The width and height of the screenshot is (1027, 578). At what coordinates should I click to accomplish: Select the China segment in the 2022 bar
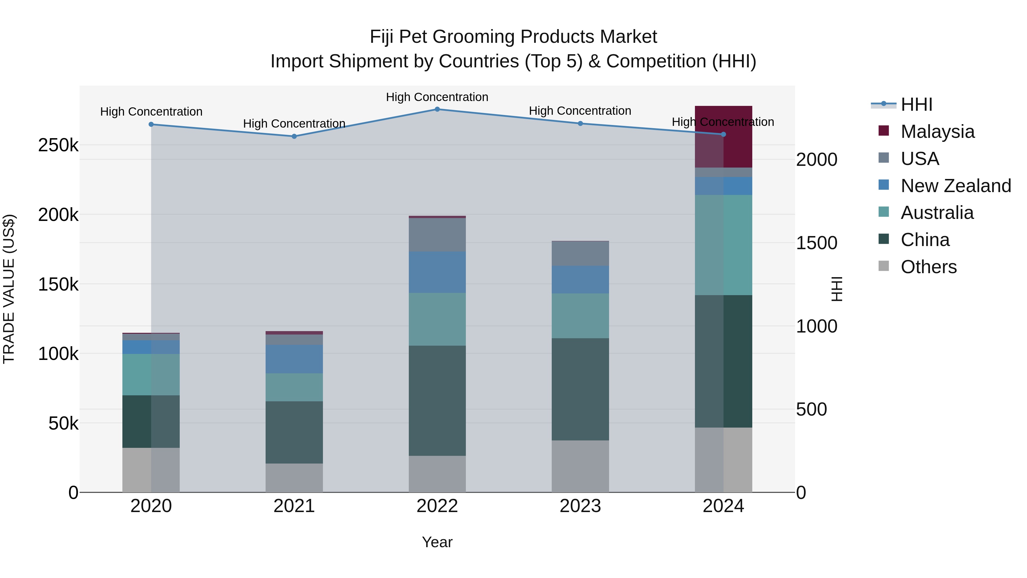pyautogui.click(x=437, y=400)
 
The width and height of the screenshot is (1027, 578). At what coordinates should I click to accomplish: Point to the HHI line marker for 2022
pyautogui.click(x=437, y=109)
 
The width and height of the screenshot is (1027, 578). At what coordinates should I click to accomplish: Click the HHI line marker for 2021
pyautogui.click(x=294, y=136)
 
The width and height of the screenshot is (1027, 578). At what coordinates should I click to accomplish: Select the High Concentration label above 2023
pyautogui.click(x=580, y=111)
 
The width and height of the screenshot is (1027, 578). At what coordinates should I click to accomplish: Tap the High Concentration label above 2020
pyautogui.click(x=151, y=112)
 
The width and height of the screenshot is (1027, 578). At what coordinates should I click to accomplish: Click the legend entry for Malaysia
pyautogui.click(x=937, y=132)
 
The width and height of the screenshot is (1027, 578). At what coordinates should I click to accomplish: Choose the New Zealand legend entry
pyautogui.click(x=955, y=186)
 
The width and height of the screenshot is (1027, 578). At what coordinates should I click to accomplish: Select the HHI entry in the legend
pyautogui.click(x=916, y=104)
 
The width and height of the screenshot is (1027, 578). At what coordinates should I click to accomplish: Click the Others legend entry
pyautogui.click(x=928, y=267)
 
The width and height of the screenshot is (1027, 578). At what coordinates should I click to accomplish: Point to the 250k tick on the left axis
pyautogui.click(x=58, y=146)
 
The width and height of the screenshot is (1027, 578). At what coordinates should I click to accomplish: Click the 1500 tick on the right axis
pyautogui.click(x=816, y=243)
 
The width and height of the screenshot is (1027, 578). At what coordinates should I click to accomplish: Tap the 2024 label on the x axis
pyautogui.click(x=723, y=506)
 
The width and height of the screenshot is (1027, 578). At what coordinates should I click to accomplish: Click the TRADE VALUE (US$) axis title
pyautogui.click(x=9, y=289)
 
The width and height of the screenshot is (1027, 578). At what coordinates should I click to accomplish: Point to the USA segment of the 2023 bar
pyautogui.click(x=580, y=254)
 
